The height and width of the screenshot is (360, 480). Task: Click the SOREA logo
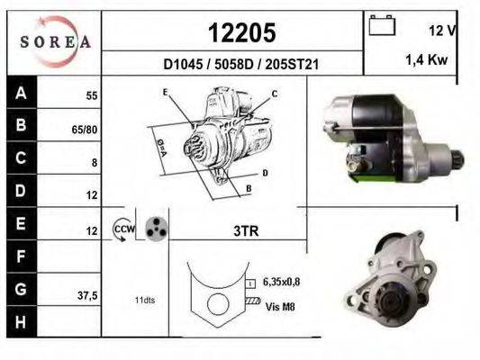(x=56, y=41)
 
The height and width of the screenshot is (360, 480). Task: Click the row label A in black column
(x=21, y=92)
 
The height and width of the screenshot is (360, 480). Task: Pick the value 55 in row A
(x=90, y=94)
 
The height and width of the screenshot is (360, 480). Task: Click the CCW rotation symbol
(x=122, y=230)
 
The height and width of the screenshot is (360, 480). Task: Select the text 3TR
(x=246, y=231)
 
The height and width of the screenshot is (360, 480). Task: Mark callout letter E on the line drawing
(x=166, y=93)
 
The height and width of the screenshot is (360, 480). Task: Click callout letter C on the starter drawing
(x=274, y=94)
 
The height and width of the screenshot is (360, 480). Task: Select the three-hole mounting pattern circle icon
(x=155, y=230)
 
